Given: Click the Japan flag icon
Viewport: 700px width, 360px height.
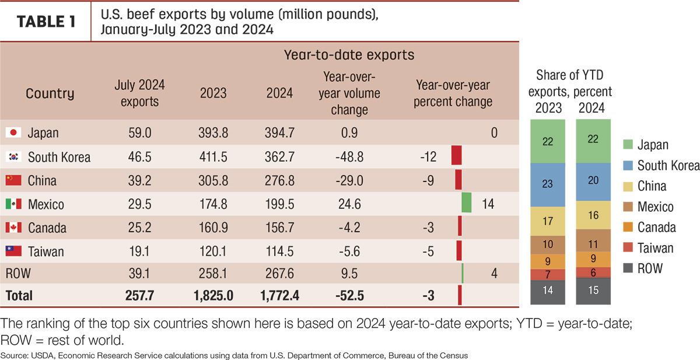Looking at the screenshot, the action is pos(13,132).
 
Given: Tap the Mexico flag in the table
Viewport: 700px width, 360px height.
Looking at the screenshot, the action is pos(13,204).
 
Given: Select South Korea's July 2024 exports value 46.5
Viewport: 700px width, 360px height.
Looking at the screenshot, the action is pos(139,157).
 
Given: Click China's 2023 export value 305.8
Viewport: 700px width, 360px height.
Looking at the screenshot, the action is pos(213,181).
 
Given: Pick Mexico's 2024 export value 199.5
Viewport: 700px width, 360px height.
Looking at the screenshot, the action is pos(279,204).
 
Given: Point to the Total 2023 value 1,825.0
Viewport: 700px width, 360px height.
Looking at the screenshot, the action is pos(213,295).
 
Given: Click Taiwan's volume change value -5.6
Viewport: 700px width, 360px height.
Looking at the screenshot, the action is pos(349,251).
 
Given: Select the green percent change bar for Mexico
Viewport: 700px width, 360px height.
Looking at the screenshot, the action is pos(467,202).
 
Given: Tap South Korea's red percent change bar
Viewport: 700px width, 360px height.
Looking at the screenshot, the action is pos(457,155).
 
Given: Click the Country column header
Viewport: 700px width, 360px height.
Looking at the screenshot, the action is pos(50,93).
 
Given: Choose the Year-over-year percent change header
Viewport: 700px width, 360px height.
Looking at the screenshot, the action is pos(453,93).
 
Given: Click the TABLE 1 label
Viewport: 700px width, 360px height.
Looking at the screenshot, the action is pos(46,22).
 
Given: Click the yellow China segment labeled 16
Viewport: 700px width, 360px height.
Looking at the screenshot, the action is pos(593,215).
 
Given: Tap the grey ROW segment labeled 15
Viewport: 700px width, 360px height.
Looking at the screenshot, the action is pos(593,291).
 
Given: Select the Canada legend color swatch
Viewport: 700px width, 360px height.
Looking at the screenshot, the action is pos(628,227).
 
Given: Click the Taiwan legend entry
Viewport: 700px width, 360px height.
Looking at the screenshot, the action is pos(648,248).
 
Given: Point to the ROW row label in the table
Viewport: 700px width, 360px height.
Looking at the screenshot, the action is pos(18,274).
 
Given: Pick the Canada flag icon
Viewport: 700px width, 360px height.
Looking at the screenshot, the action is pos(13,227).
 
